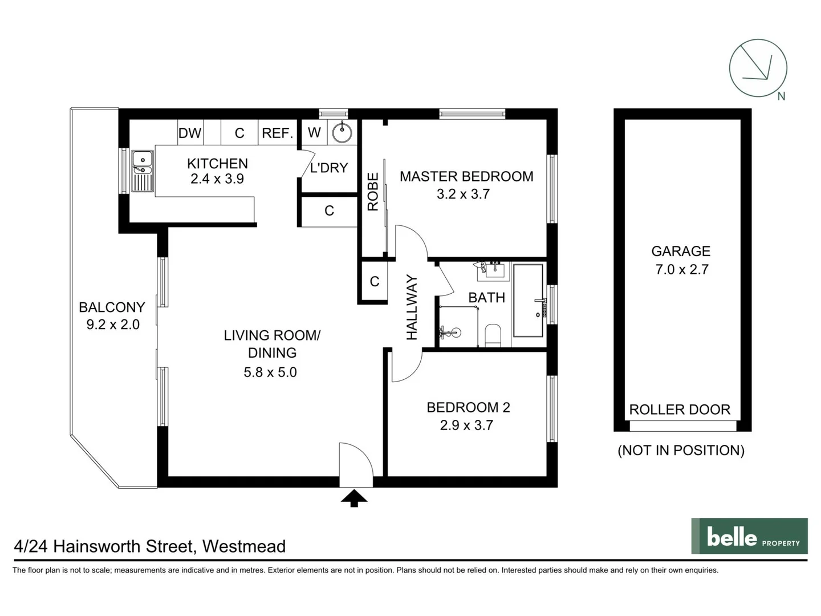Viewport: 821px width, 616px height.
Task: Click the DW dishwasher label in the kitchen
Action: [190, 133]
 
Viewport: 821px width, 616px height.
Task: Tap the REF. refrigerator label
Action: [277, 133]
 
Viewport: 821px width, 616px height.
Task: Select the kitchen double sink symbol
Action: [143, 171]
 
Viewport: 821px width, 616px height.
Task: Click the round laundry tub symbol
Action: [342, 133]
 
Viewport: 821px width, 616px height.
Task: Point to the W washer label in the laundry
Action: [314, 132]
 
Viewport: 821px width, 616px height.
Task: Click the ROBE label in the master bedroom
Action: [373, 192]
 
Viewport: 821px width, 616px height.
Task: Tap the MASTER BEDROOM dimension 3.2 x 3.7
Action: [463, 194]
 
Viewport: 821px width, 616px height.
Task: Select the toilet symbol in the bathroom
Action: [493, 335]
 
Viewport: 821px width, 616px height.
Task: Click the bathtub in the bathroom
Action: [528, 300]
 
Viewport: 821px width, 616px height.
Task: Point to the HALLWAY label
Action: [412, 307]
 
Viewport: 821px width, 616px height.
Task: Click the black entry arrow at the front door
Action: [354, 498]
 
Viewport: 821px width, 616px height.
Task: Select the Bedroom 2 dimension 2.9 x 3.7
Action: [466, 425]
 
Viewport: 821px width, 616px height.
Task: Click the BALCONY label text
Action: [112, 307]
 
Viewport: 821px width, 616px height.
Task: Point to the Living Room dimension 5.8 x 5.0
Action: [270, 372]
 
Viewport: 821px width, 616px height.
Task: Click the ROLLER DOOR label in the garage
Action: [680, 410]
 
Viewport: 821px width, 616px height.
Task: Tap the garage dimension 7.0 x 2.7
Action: [682, 269]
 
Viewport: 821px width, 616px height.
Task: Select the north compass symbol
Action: [758, 68]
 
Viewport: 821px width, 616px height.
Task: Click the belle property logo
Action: [749, 536]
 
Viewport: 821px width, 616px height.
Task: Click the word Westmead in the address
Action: [244, 546]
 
